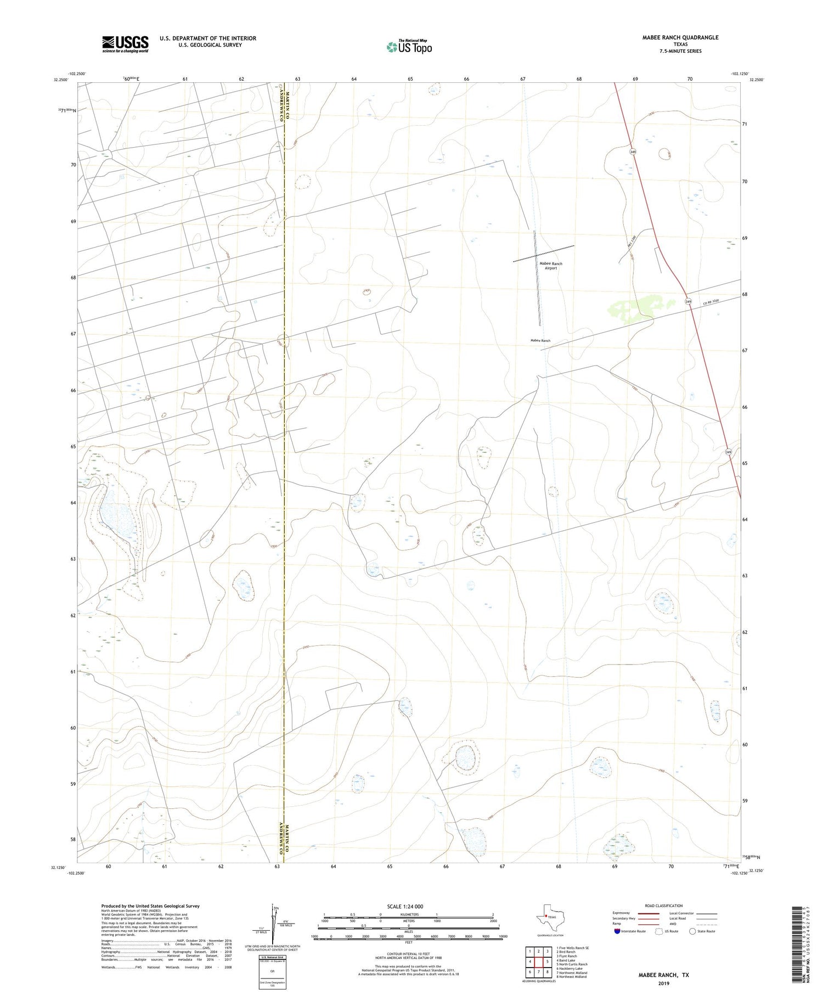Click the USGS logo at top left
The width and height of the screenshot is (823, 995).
(125, 44)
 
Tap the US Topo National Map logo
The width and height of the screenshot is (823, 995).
(409, 47)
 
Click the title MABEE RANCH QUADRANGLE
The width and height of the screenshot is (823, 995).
(680, 37)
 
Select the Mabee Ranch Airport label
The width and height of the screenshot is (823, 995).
(550, 266)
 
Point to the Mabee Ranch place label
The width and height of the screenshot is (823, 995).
(540, 341)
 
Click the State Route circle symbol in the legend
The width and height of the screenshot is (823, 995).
(692, 931)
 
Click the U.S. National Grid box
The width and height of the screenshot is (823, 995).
(272, 972)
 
